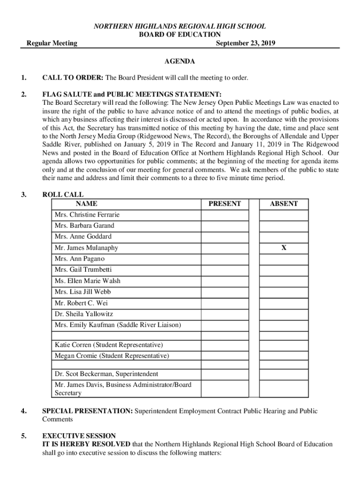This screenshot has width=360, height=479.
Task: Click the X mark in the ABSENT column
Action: [x=284, y=248]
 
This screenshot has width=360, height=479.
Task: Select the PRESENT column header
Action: [x=224, y=203]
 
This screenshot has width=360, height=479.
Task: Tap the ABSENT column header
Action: [x=284, y=203]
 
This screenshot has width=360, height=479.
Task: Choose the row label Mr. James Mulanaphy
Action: [x=86, y=248]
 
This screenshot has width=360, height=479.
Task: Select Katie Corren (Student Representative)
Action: [x=109, y=345]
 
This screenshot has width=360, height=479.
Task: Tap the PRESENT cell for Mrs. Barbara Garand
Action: [x=224, y=226]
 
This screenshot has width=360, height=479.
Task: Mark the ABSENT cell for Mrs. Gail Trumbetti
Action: [x=284, y=270]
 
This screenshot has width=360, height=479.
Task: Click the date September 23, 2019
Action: [x=245, y=44]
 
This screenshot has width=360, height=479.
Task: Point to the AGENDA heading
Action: [x=180, y=61]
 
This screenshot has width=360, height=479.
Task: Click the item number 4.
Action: [x=23, y=411]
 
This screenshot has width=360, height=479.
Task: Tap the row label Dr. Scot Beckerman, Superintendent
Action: [x=106, y=374]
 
